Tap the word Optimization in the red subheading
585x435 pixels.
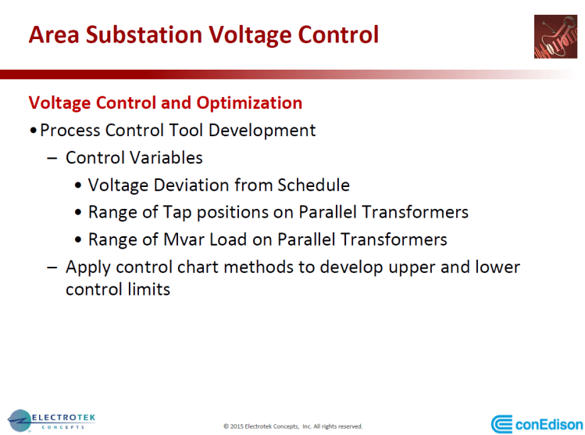(250, 103)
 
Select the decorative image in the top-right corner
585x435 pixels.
(555, 37)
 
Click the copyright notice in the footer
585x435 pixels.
(293, 426)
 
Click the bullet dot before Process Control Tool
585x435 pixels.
(32, 131)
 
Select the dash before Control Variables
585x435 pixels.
(52, 158)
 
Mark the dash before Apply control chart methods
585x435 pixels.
(52, 267)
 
